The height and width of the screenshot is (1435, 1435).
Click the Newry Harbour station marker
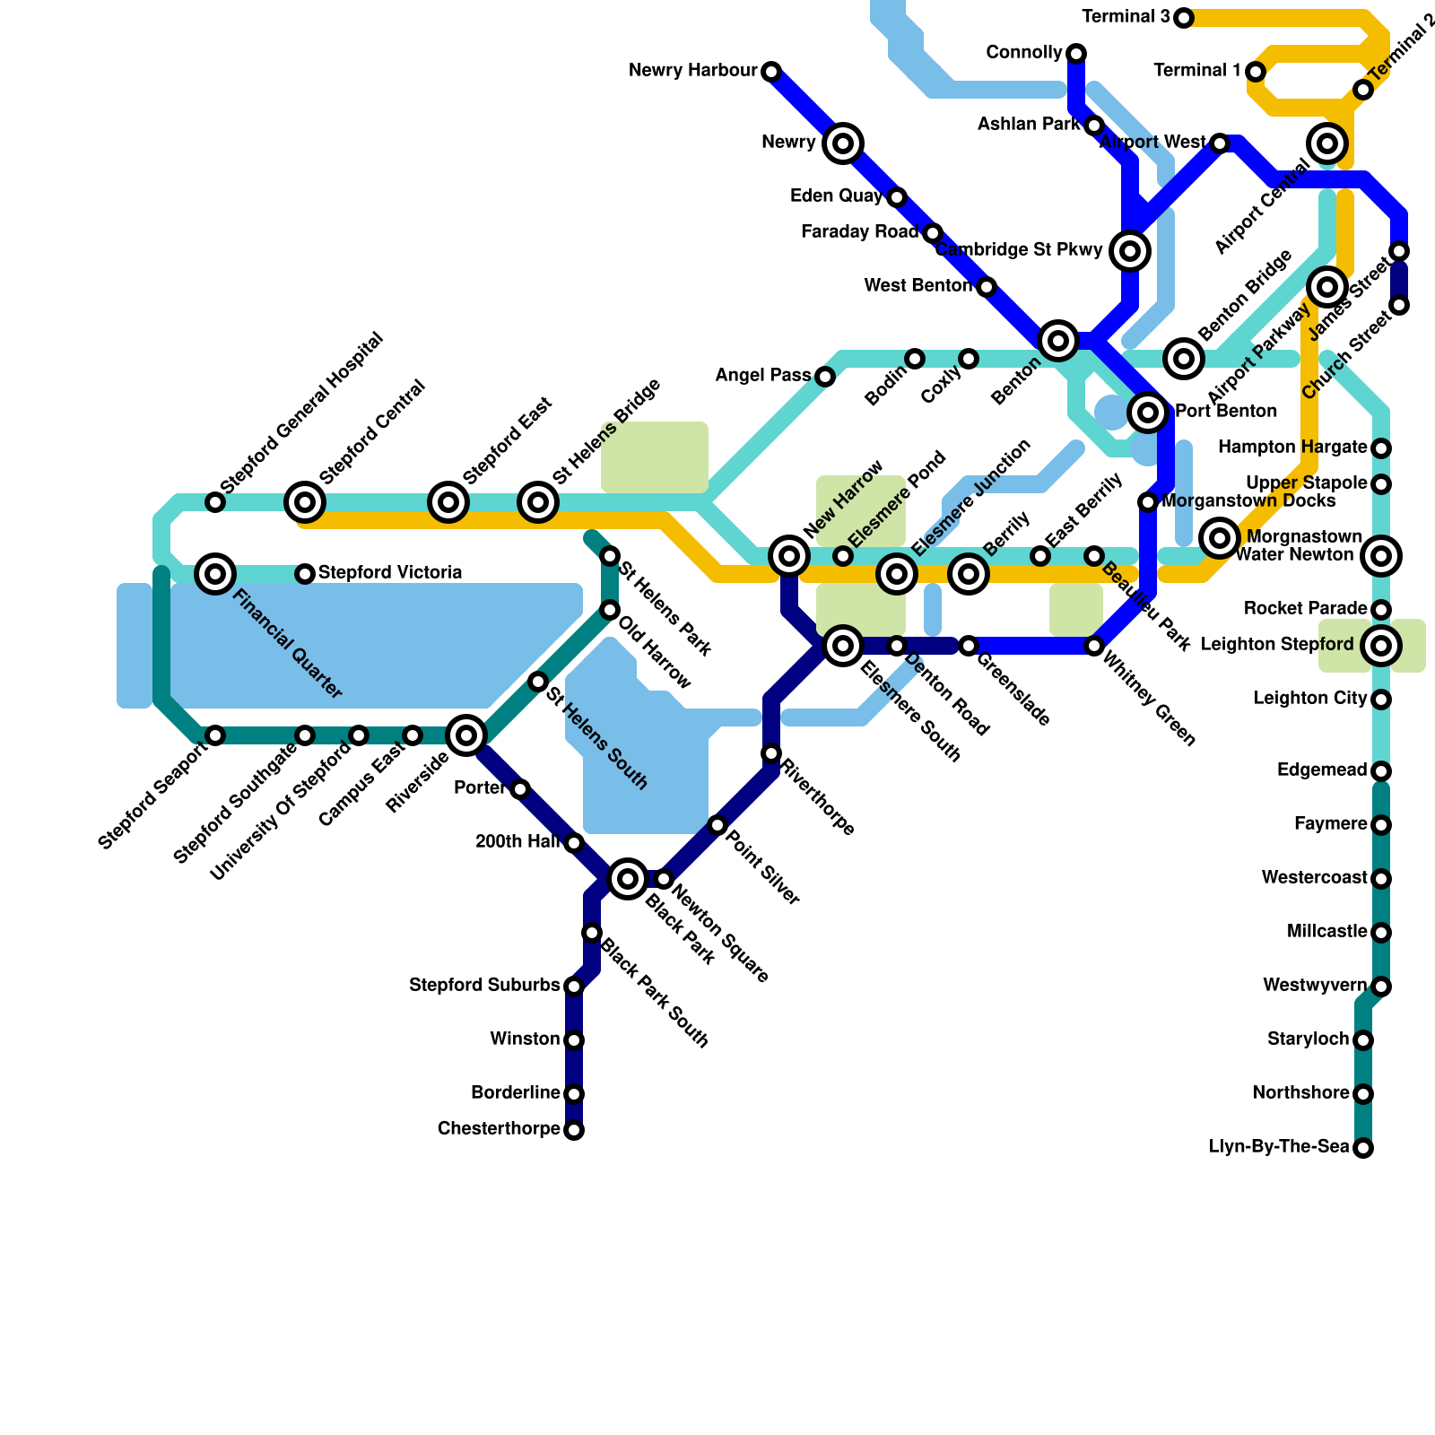coord(771,71)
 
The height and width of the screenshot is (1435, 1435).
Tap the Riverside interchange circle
coord(466,735)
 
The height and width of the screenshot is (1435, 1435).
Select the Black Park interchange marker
coord(628,878)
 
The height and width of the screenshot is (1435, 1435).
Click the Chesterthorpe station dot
coord(574,1130)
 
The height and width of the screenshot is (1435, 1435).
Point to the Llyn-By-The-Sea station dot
coord(1363,1148)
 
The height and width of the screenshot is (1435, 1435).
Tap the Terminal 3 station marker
coord(1184,18)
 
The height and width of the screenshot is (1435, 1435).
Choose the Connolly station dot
coord(1076,54)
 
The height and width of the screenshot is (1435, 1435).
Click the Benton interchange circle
coord(1058,341)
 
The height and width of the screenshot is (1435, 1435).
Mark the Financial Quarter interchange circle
coord(215,573)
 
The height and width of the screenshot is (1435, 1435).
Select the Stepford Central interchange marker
coord(305,502)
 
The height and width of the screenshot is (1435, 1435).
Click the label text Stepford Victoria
coord(390,573)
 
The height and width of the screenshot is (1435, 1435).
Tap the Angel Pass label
coord(762,376)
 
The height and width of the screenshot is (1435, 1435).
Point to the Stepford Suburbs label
coord(484,986)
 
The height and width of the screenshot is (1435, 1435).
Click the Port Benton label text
coord(1226,412)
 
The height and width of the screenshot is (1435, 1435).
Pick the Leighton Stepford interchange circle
coord(1381,645)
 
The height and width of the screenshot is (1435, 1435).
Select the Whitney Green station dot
coord(1094,646)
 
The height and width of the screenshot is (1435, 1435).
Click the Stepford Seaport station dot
coord(215,735)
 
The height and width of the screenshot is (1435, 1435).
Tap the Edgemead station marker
coord(1381,771)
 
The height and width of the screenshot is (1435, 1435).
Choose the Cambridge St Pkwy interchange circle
coord(1130,251)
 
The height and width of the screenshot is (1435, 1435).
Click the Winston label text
coord(525,1039)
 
